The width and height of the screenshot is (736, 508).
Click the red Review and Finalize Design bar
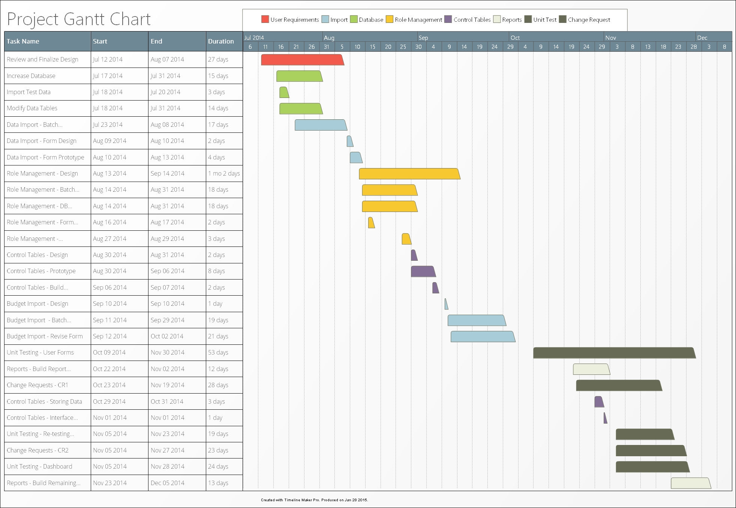[302, 60]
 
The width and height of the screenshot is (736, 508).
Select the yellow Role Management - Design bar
[409, 174]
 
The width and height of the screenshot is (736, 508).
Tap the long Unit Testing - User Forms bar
[614, 353]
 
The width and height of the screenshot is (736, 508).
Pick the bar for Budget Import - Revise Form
[483, 337]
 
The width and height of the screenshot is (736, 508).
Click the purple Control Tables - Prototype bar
[423, 271]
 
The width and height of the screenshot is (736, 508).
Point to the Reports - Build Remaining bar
[690, 483]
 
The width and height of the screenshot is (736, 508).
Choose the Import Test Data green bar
[284, 92]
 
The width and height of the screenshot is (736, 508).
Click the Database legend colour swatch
[354, 20]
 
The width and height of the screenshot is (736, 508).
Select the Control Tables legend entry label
[472, 20]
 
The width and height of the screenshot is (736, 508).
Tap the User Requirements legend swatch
[265, 20]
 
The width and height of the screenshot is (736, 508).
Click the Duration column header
[221, 41]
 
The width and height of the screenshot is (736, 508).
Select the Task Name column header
[23, 41]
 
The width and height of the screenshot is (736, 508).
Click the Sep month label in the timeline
[423, 38]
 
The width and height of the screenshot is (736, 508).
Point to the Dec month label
[702, 38]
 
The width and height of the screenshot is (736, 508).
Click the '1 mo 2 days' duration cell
[224, 173]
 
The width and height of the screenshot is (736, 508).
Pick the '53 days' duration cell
[218, 352]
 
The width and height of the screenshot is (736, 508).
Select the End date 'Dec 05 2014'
[167, 483]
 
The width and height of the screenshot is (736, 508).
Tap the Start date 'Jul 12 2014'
[108, 59]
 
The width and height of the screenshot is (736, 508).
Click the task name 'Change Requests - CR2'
[37, 450]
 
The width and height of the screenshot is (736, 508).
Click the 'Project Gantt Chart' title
[79, 19]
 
